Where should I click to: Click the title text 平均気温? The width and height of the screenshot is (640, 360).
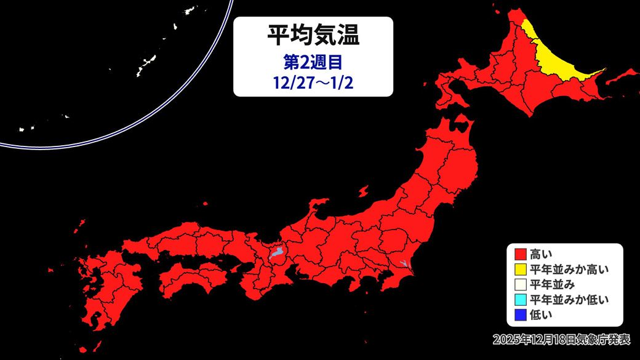[313, 35]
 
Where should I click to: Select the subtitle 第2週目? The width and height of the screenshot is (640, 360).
[313, 62]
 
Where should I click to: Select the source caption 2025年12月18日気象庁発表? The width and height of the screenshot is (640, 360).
[561, 339]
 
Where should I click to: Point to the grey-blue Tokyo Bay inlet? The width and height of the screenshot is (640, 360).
[403, 265]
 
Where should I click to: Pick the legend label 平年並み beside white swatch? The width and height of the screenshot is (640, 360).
[548, 284]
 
